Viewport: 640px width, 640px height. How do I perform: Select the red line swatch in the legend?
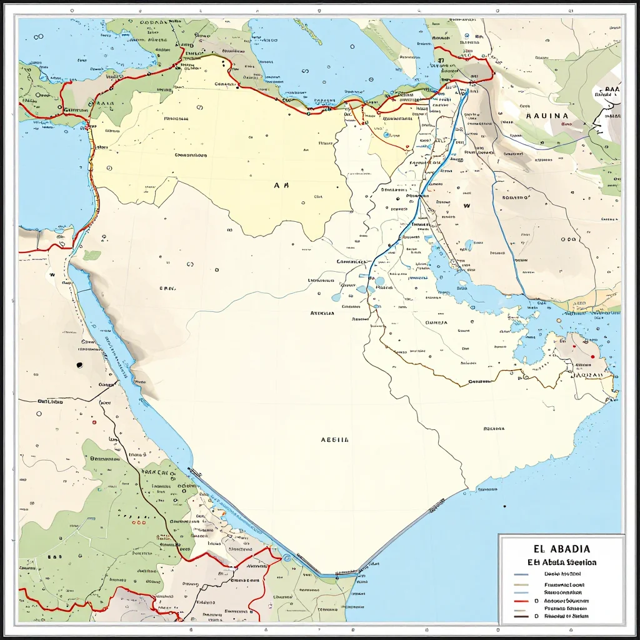tap(521, 599)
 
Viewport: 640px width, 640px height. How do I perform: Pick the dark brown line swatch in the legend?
tap(521, 616)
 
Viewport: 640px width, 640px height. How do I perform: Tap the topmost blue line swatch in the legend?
tap(521, 574)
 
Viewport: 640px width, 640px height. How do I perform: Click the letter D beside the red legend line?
tap(536, 599)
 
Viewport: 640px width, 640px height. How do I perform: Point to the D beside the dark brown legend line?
tap(536, 616)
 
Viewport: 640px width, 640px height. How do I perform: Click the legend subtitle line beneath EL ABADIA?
tap(561, 562)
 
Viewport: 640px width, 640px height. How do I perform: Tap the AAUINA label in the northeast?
tap(547, 116)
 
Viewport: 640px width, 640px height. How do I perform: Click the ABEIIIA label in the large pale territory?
tap(334, 439)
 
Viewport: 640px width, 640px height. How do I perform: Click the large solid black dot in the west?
tap(79, 364)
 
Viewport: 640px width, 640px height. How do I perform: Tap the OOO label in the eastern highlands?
tap(568, 239)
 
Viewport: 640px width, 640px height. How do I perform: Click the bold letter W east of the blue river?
tap(466, 204)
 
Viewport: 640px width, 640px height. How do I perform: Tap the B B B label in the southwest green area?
tap(55, 555)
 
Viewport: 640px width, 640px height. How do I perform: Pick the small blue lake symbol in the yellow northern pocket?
tap(386, 134)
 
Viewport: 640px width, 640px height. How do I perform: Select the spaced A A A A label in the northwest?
tap(102, 104)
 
